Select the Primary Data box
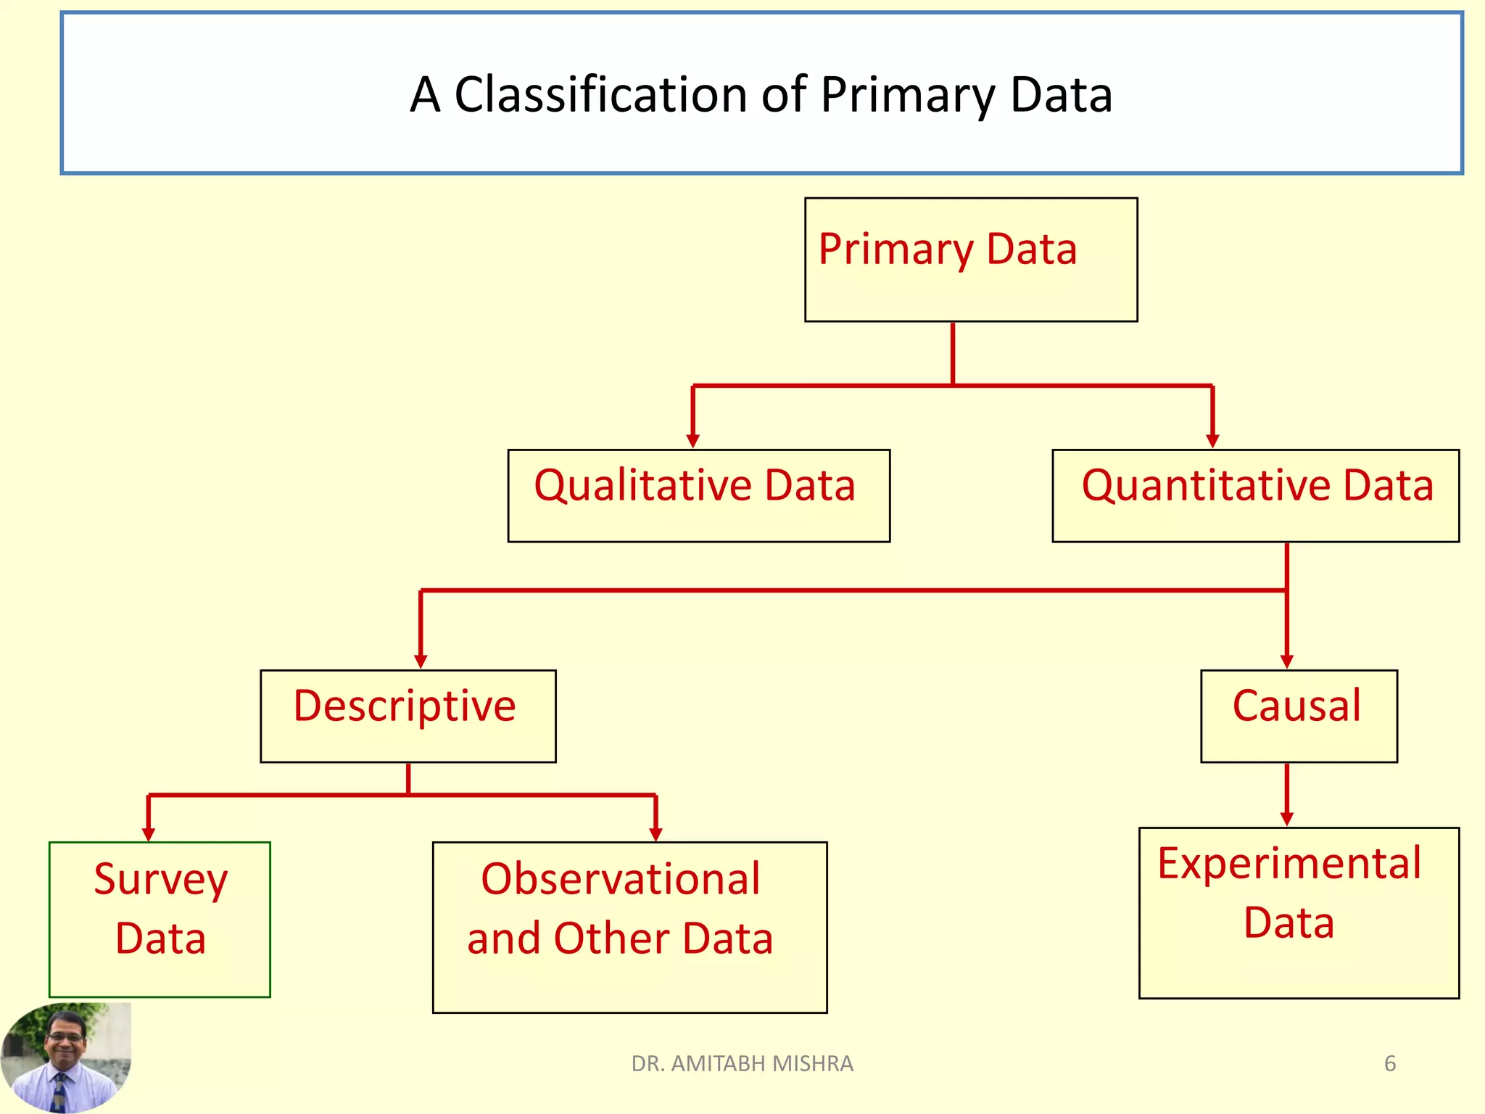(970, 259)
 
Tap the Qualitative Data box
(698, 495)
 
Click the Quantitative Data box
(1255, 495)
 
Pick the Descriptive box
(408, 715)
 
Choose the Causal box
(1298, 715)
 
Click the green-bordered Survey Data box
(160, 919)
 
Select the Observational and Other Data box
(629, 926)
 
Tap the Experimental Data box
(1298, 912)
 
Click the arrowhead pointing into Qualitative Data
(692, 441)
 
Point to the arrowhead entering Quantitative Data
(1212, 441)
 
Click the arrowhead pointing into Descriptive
(421, 661)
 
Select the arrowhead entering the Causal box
(1287, 661)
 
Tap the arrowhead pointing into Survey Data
(149, 834)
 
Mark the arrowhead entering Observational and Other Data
(655, 834)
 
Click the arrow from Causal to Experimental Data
(1287, 794)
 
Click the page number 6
(1389, 1063)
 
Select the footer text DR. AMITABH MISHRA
(742, 1063)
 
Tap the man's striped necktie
(59, 1092)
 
